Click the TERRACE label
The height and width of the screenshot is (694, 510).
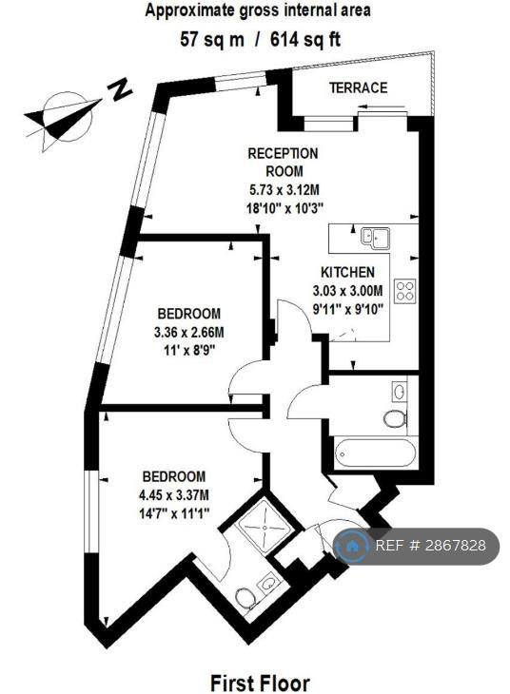(358, 87)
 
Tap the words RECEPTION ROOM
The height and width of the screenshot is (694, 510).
(283, 162)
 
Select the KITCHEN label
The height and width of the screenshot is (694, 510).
(348, 271)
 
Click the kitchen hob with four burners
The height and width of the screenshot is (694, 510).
(405, 290)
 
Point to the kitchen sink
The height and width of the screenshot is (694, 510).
(375, 237)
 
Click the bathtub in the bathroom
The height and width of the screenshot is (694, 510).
(376, 453)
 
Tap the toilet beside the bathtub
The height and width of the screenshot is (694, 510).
(395, 418)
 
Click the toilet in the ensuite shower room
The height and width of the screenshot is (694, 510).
(245, 598)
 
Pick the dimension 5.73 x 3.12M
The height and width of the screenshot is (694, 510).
(284, 190)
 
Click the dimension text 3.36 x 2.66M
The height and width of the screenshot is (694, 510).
(188, 332)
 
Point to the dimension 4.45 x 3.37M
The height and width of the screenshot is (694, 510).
(173, 494)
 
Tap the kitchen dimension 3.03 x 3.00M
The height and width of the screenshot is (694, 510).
(347, 290)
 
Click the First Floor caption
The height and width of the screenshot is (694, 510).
(260, 683)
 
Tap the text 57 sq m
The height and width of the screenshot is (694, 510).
(212, 39)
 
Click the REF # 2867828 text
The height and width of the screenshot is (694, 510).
(430, 546)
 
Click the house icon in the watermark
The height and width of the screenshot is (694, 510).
(352, 546)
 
